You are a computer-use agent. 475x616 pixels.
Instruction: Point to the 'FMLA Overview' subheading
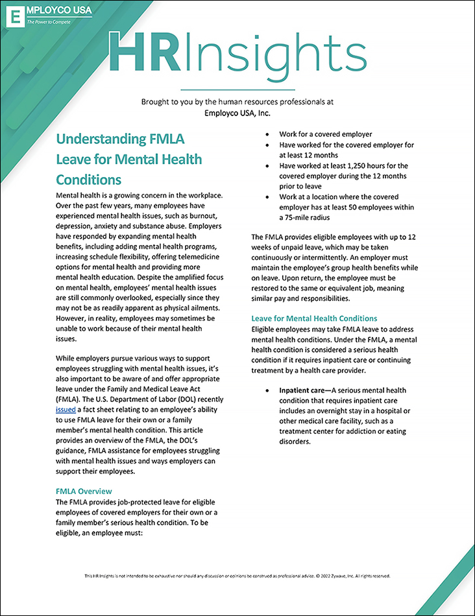pyautogui.click(x=84, y=491)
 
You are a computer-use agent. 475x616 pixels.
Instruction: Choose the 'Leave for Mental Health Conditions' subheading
pyautogui.click(x=314, y=318)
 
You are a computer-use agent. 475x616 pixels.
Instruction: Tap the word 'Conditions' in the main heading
pyautogui.click(x=89, y=179)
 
